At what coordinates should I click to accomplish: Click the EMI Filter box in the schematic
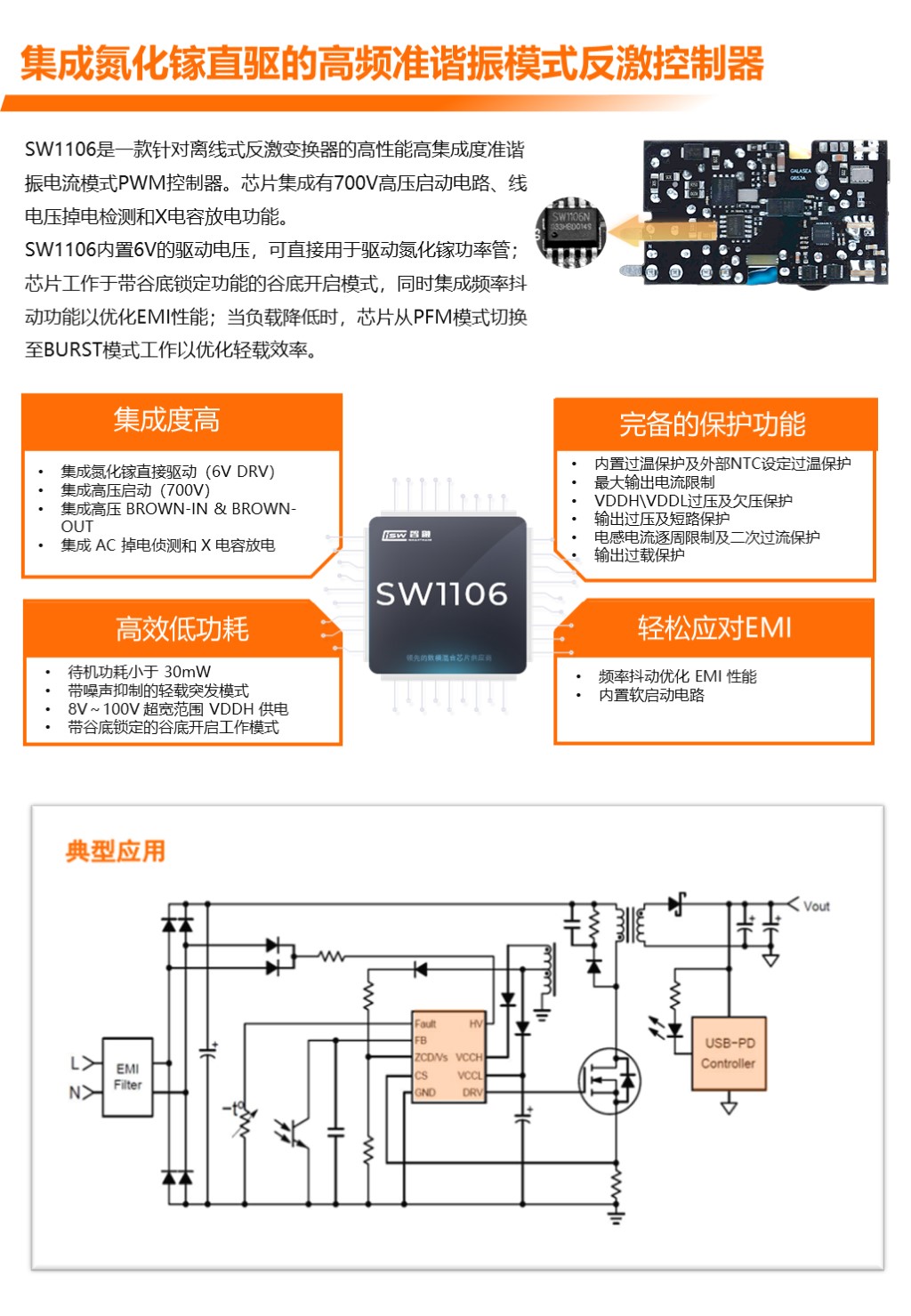tap(127, 1077)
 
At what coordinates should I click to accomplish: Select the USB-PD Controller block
tap(729, 1054)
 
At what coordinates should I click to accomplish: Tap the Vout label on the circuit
tap(816, 906)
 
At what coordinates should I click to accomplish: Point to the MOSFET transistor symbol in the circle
tap(609, 1080)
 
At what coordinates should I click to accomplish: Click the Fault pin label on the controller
tap(425, 1024)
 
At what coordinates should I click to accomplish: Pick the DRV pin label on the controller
tap(472, 1092)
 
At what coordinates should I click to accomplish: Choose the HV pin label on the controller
tap(476, 1024)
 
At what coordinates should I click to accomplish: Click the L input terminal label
tap(76, 1063)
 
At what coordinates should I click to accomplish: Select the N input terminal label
tap(76, 1092)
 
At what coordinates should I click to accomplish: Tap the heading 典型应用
tap(116, 852)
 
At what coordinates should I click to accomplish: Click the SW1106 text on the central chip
tap(441, 594)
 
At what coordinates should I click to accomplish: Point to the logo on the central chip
tap(407, 536)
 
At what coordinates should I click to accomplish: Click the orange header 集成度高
tap(166, 420)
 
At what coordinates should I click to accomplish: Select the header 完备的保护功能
tap(713, 424)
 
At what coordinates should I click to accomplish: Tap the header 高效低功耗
tap(182, 629)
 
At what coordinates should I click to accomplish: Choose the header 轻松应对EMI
tap(714, 628)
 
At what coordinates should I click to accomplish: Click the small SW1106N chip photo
tap(570, 231)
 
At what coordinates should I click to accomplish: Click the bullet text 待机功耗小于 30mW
tap(140, 672)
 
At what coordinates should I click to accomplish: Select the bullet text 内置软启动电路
tap(651, 695)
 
